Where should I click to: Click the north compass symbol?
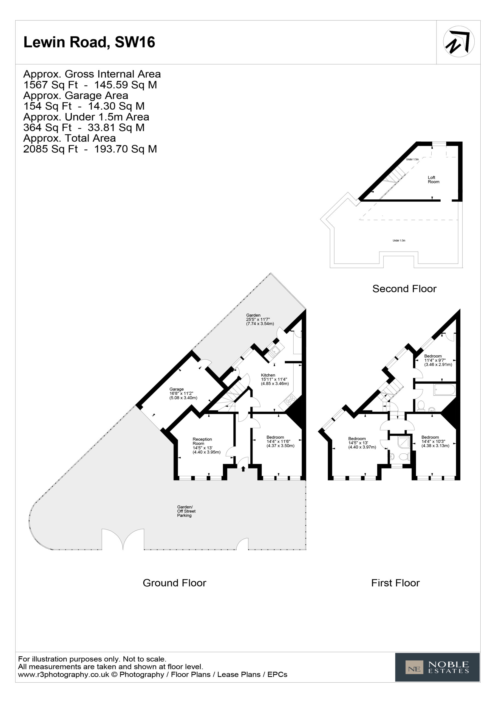click(458, 41)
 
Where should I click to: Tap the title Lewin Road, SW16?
click(89, 42)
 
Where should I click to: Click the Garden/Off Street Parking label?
click(186, 511)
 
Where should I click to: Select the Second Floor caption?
click(404, 289)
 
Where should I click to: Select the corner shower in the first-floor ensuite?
click(404, 442)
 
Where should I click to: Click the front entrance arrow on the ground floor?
click(243, 468)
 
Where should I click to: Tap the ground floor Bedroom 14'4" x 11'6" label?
click(280, 441)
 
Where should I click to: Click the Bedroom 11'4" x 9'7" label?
click(438, 360)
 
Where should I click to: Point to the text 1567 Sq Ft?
click(50, 85)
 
